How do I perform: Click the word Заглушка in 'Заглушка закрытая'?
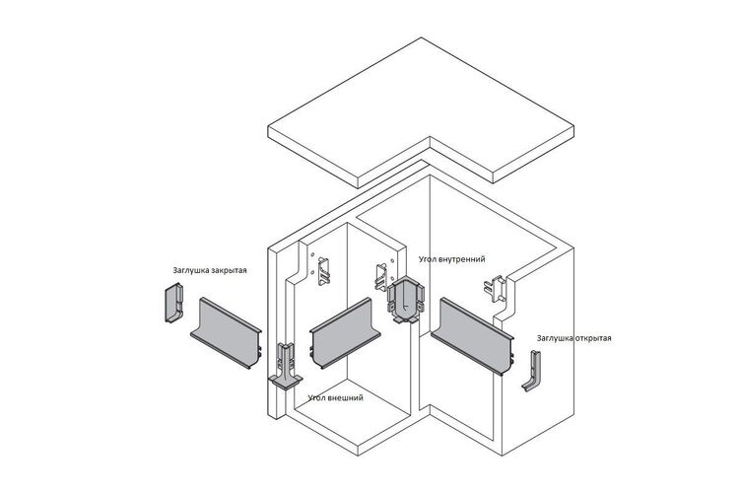click(191, 271)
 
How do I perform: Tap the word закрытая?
click(229, 271)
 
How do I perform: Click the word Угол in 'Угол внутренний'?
click(427, 259)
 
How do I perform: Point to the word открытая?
click(593, 338)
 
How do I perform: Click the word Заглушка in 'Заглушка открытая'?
click(555, 338)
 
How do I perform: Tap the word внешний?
click(346, 397)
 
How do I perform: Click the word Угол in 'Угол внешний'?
click(316, 397)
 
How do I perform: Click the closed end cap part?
click(173, 303)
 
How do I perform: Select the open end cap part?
click(532, 372)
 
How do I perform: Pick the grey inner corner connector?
click(405, 300)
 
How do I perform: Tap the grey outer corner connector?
click(286, 368)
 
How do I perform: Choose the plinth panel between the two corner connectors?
click(345, 332)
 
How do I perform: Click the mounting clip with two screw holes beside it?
click(324, 271)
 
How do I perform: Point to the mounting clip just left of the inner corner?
click(381, 277)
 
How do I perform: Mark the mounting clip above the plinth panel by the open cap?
click(495, 288)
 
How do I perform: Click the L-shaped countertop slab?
click(421, 113)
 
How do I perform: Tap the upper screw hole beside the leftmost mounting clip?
click(312, 254)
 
